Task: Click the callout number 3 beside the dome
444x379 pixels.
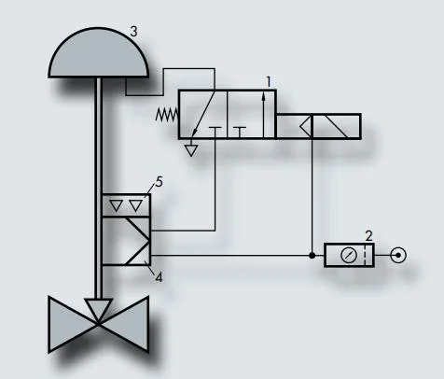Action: [133, 32]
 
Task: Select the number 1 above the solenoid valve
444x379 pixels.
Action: [269, 82]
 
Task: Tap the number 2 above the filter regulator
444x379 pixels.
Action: [368, 236]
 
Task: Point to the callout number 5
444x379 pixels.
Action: [159, 182]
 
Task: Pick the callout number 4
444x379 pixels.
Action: [159, 277]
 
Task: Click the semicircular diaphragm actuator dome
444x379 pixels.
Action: [98, 52]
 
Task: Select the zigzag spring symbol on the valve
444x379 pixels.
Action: [167, 115]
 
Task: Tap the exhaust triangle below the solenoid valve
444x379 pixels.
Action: [191, 151]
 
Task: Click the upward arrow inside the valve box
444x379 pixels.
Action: [264, 114]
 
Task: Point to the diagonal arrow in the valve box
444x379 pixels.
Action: [203, 114]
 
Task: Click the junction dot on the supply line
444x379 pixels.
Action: [312, 256]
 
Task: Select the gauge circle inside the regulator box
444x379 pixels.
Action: [349, 256]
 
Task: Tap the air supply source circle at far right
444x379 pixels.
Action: [398, 256]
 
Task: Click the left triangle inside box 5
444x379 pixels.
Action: [117, 205]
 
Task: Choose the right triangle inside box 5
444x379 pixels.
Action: [136, 205]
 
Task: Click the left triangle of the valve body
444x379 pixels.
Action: [73, 324]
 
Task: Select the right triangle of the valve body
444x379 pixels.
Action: [124, 324]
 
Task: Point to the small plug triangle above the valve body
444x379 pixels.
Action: [98, 309]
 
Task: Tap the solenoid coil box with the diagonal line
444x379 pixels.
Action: [336, 126]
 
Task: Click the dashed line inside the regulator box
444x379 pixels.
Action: [365, 256]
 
